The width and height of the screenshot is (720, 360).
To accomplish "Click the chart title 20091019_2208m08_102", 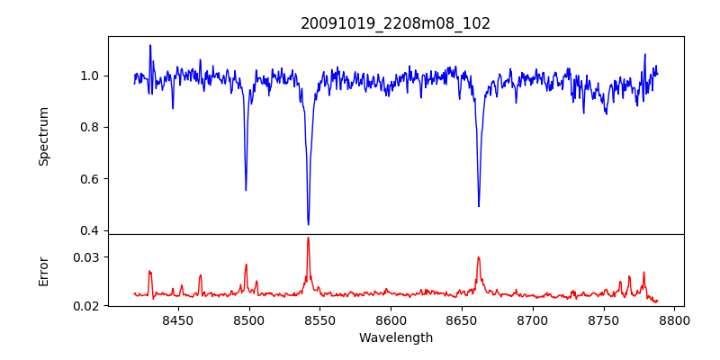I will (396, 23).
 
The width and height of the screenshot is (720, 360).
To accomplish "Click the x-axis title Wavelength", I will (396, 337).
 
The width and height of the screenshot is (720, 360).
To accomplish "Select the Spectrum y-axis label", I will (43, 136).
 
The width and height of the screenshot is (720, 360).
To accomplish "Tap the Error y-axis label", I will (43, 270).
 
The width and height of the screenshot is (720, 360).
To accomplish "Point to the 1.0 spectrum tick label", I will (90, 76).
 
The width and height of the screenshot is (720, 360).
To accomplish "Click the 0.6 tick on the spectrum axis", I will (90, 178).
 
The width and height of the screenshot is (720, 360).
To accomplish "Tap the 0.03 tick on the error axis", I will (86, 257).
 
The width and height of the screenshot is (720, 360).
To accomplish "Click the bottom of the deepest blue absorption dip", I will (308, 224).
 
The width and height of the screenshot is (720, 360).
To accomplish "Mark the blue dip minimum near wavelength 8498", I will (246, 190).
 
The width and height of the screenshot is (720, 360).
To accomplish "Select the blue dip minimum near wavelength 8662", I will (479, 206).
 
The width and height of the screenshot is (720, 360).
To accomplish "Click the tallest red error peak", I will (308, 238).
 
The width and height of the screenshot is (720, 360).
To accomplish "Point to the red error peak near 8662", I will (479, 257).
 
